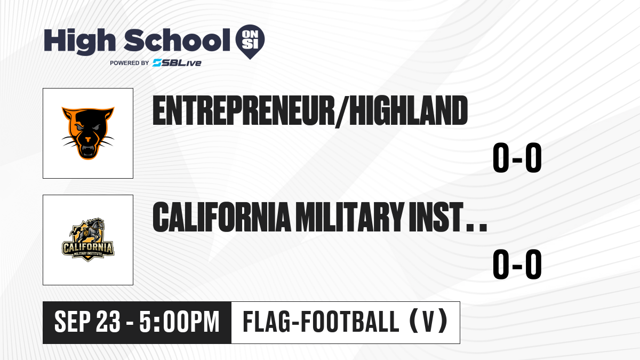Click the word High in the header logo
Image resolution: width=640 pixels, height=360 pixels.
click(x=79, y=42)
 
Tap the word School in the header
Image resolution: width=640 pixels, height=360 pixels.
click(x=177, y=40)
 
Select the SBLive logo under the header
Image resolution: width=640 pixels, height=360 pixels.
click(x=177, y=63)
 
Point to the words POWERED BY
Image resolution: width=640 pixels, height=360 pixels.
click(x=130, y=63)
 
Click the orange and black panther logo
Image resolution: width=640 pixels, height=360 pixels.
click(x=88, y=133)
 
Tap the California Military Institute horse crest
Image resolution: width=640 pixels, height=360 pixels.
click(x=88, y=239)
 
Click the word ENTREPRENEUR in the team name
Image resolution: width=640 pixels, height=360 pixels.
click(x=244, y=110)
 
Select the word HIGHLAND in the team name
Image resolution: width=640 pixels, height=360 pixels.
click(x=409, y=110)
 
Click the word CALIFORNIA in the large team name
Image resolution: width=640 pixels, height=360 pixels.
click(x=222, y=217)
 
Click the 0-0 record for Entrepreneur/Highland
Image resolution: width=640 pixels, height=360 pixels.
click(x=517, y=158)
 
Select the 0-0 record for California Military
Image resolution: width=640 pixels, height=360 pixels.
click(x=517, y=265)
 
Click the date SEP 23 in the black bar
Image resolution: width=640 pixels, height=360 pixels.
click(x=87, y=322)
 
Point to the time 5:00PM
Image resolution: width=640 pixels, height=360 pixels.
click(x=179, y=322)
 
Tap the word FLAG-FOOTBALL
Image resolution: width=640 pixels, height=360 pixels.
click(x=321, y=322)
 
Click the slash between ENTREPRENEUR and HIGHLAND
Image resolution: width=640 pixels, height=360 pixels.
click(x=342, y=111)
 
